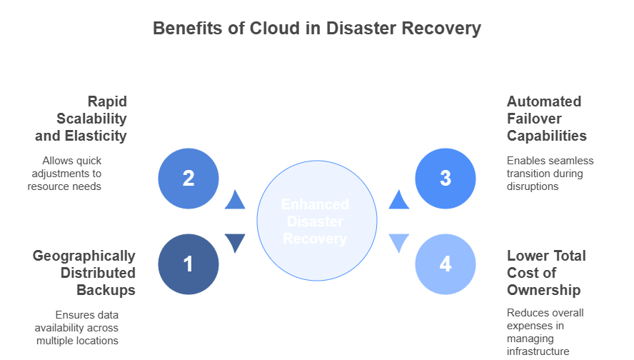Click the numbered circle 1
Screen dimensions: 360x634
(188, 264)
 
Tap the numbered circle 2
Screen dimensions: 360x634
(188, 178)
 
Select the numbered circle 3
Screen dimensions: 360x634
(446, 178)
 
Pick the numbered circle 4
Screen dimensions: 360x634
(446, 264)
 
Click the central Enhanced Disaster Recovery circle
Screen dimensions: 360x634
(316, 221)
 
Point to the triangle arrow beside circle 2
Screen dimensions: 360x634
(235, 201)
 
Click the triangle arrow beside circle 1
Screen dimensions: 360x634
(235, 243)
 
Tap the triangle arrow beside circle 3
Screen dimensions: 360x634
(399, 201)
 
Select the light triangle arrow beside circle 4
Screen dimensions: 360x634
(399, 243)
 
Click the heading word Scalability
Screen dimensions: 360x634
(91, 119)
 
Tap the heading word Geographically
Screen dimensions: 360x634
(84, 256)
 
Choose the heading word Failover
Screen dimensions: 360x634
(534, 119)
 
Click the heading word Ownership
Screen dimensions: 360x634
(543, 290)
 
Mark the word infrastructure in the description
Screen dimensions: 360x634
(538, 351)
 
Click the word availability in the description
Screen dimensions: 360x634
(62, 327)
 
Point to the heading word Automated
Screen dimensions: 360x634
(544, 101)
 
